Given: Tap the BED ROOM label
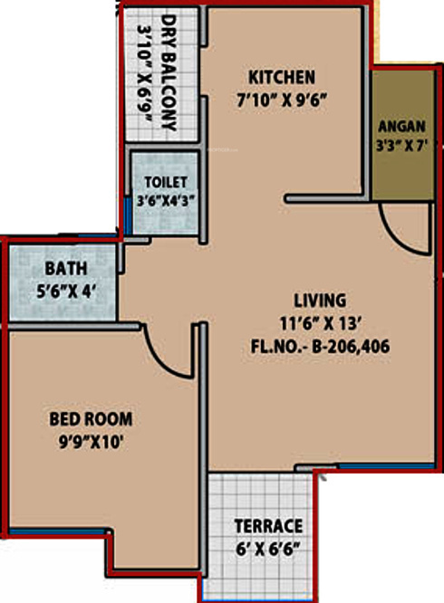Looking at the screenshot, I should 90,419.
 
